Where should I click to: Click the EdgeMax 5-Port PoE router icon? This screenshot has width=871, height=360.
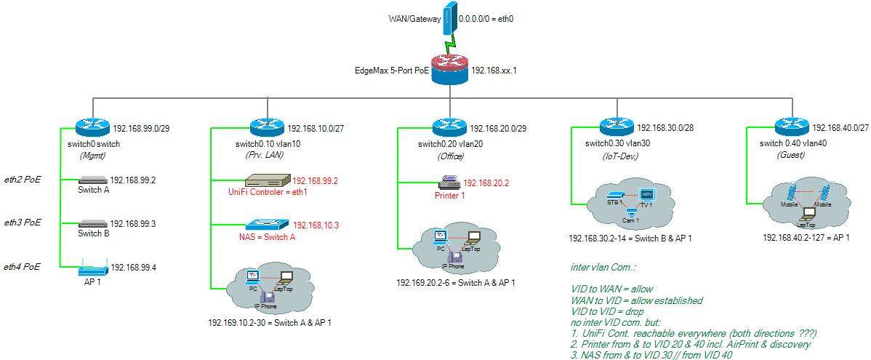451,71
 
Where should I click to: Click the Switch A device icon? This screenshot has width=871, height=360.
93,180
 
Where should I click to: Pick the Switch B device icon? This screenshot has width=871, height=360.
93,223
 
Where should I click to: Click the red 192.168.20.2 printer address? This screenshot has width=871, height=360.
486,183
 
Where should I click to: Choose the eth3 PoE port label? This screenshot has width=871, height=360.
23,222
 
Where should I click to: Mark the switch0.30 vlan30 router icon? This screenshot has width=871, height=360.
616,127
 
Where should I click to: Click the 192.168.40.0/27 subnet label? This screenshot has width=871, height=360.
840,127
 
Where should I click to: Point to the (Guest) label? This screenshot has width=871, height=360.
790,155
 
